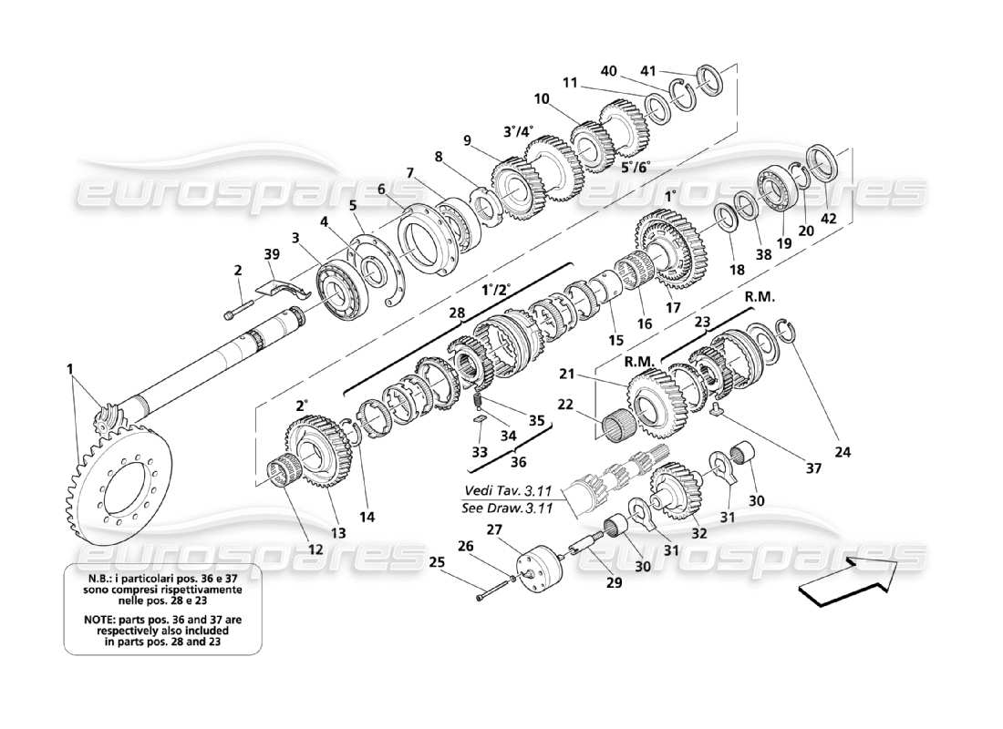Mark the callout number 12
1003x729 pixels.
coord(315,549)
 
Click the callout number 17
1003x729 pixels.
coord(673,308)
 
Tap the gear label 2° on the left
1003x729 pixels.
coord(302,405)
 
